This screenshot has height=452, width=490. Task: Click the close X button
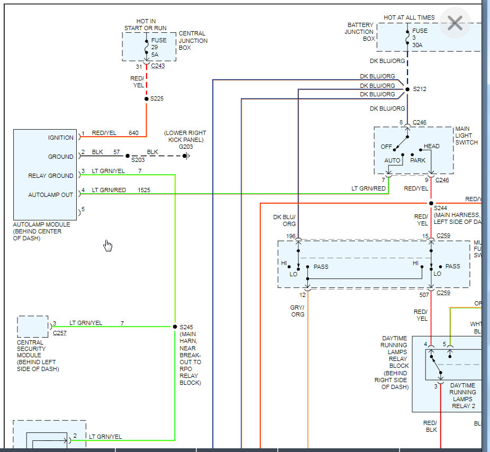(x=455, y=23)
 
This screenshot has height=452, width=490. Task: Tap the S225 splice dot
(x=147, y=98)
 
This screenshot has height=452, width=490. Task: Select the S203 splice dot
(x=128, y=156)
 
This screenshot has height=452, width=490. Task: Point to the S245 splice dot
(x=175, y=327)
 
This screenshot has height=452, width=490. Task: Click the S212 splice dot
(x=407, y=89)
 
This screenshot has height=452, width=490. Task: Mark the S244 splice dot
(x=431, y=203)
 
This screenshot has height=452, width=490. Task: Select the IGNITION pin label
(x=61, y=138)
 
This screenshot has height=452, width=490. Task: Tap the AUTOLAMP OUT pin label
(x=51, y=195)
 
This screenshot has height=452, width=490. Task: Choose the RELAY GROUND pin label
(x=51, y=176)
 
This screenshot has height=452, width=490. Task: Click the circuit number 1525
(x=144, y=190)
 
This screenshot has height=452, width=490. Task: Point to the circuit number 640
(x=133, y=133)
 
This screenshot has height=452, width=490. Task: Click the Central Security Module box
(x=33, y=327)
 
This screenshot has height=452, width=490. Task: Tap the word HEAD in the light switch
(x=431, y=147)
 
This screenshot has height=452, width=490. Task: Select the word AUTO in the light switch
(x=392, y=160)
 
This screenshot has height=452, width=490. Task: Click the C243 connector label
(x=158, y=66)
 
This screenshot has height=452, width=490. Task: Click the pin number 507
(x=423, y=295)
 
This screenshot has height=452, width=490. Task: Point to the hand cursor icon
(x=108, y=246)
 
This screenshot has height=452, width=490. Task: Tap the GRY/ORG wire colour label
(x=298, y=311)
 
